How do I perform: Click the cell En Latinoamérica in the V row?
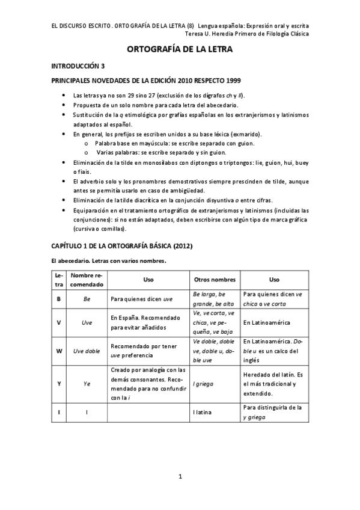[266, 322]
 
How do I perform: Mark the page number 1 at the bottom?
[180, 477]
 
